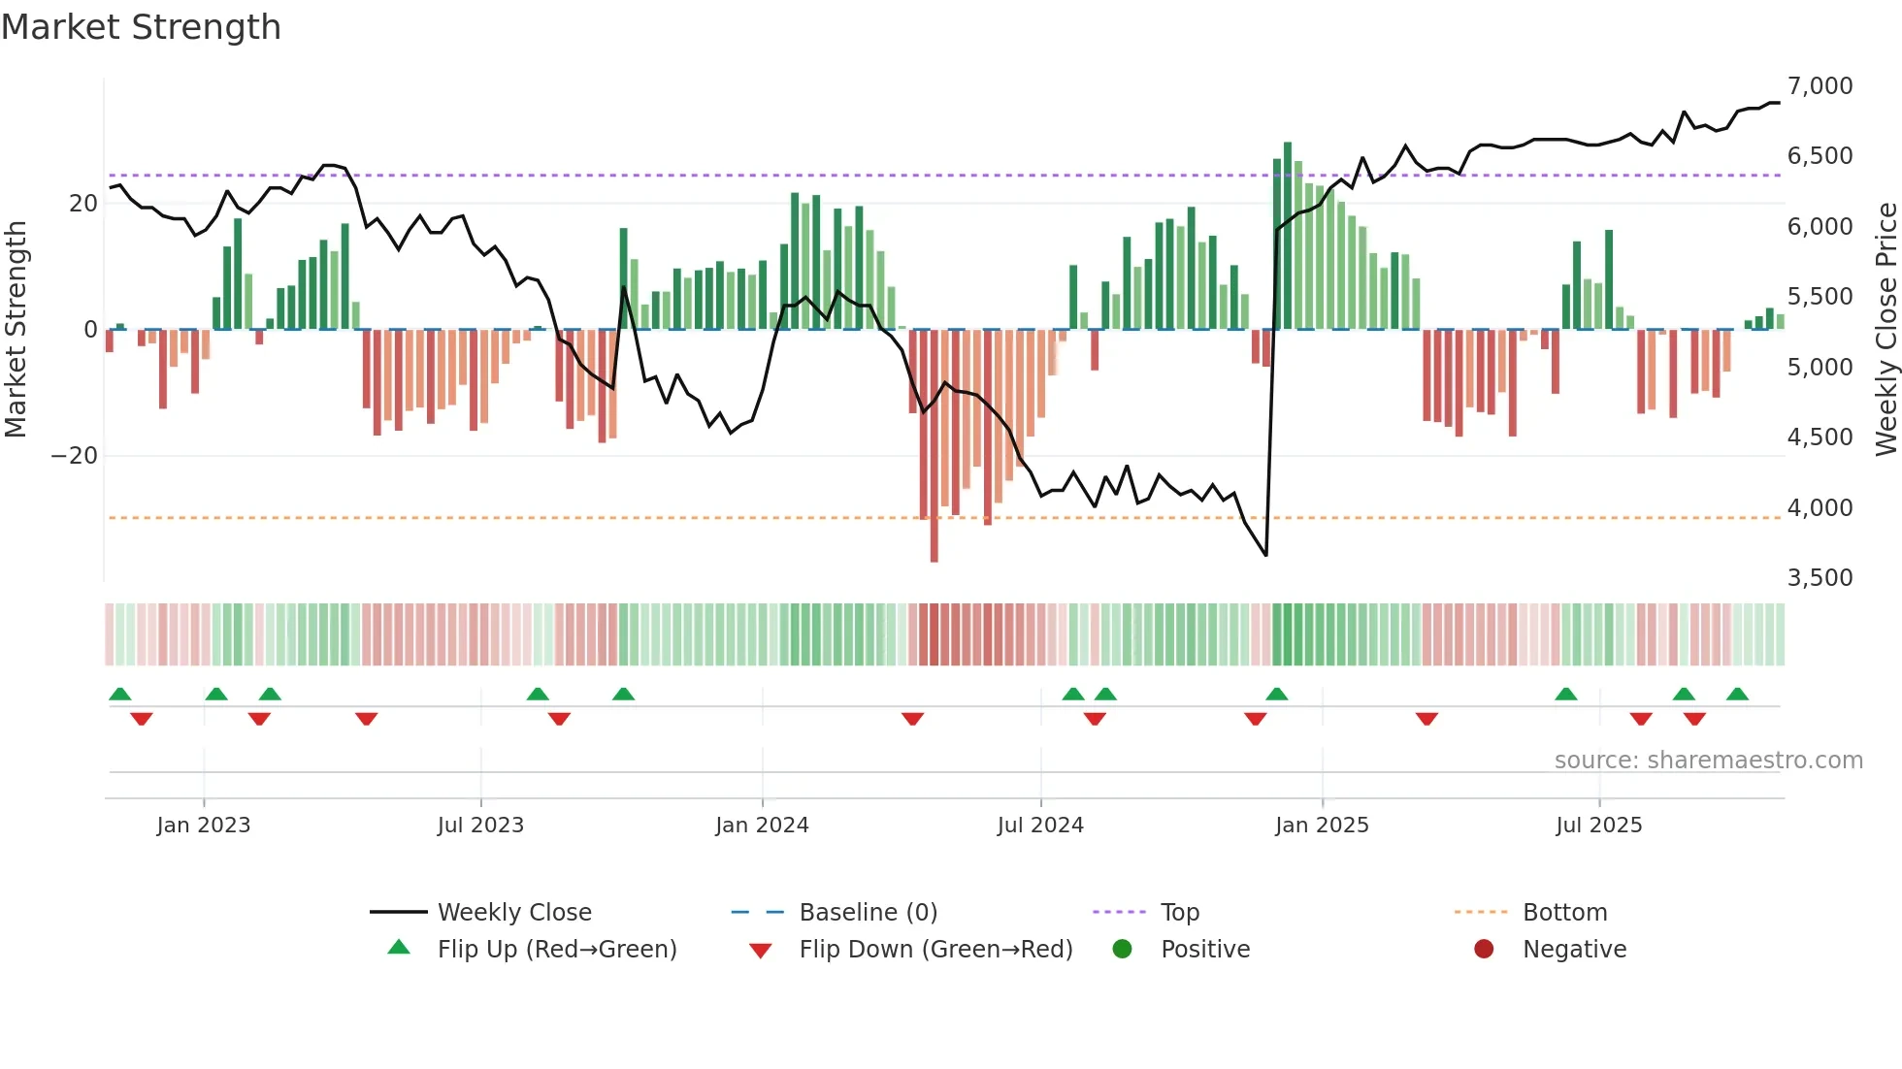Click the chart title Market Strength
click(x=141, y=27)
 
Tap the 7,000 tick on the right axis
click(x=1820, y=86)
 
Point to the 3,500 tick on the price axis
click(x=1820, y=578)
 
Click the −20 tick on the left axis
click(x=74, y=456)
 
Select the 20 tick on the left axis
click(x=82, y=204)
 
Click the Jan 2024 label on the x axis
click(x=762, y=826)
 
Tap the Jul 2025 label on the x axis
click(x=1598, y=826)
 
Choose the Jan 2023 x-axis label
click(x=204, y=826)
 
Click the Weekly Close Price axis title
click(x=1886, y=329)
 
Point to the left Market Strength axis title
click(x=16, y=329)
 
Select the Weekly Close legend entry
click(x=513, y=913)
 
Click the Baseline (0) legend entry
click(x=868, y=913)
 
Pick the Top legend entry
click(x=1179, y=913)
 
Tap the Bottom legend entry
click(x=1564, y=913)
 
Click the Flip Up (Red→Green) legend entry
click(x=556, y=950)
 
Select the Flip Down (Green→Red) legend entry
click(x=935, y=950)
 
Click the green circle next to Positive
click(x=1122, y=950)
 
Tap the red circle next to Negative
click(x=1484, y=950)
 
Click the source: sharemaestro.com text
click(x=1708, y=761)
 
